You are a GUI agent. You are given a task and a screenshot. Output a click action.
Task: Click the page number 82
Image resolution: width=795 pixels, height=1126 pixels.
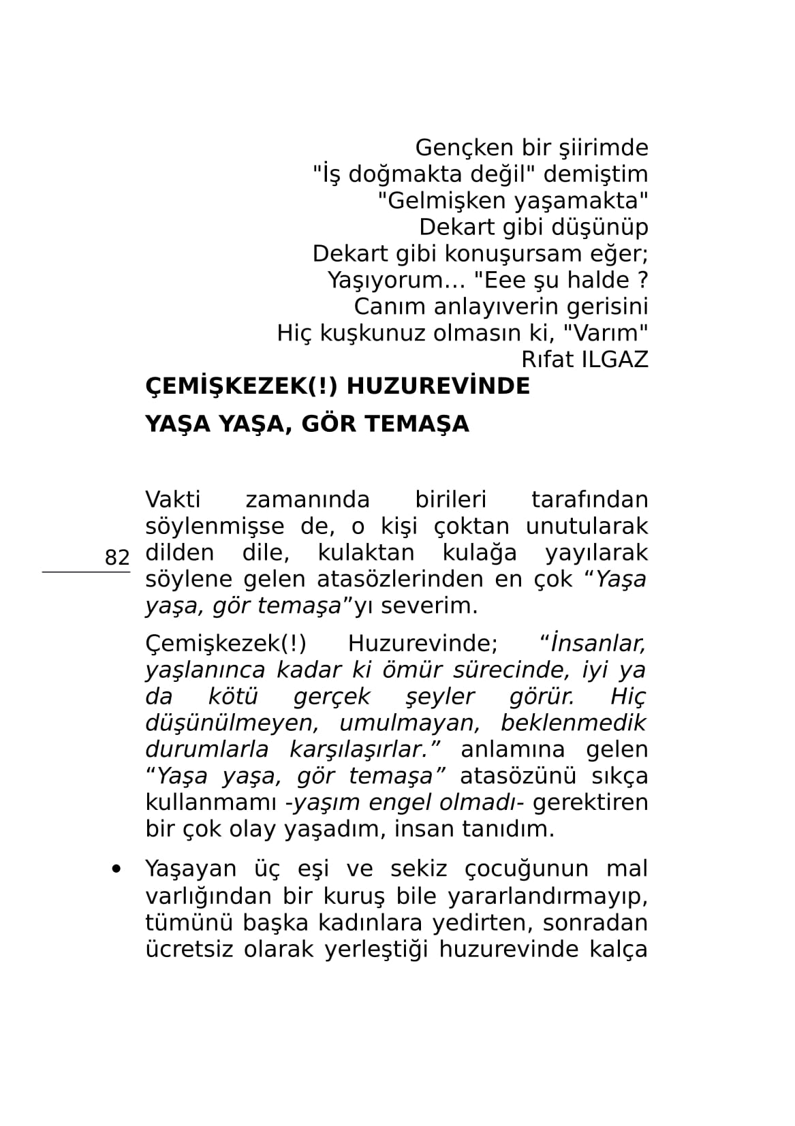point(117,558)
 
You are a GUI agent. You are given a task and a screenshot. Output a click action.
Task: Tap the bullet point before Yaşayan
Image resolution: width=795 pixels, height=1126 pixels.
point(117,869)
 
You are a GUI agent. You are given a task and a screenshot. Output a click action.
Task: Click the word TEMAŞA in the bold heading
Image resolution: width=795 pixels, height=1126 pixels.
point(418,424)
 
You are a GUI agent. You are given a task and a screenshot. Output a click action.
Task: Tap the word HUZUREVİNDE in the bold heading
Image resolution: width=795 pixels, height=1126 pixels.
point(438,386)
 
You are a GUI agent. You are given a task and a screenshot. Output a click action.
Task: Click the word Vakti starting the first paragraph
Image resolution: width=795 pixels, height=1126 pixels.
point(173,499)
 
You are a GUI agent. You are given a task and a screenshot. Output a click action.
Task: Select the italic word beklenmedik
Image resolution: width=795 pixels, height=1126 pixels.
point(573,722)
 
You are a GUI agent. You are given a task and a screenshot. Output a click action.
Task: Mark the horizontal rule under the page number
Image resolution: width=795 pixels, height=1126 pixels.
point(86,572)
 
